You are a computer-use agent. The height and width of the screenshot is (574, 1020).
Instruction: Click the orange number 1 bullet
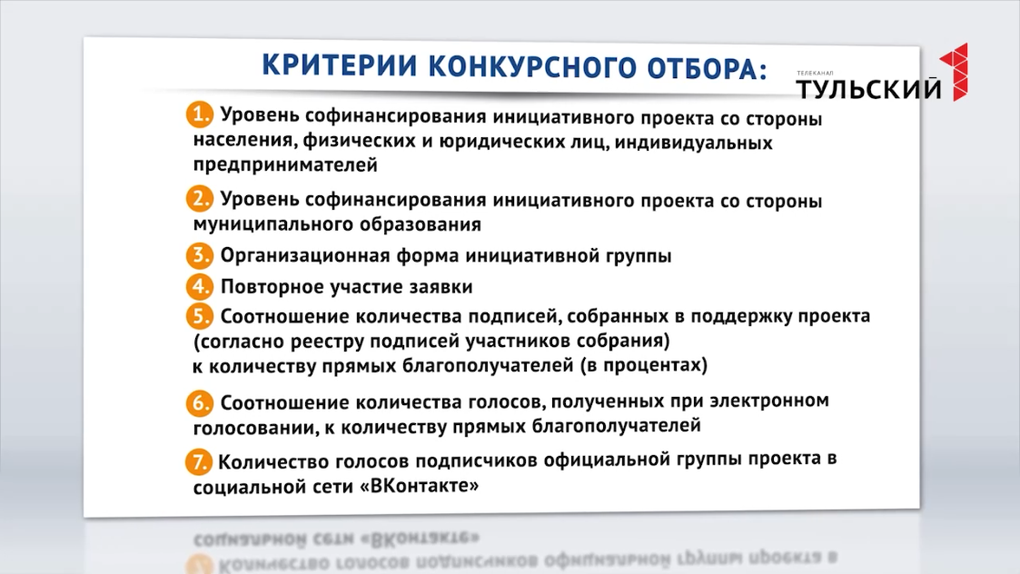200,114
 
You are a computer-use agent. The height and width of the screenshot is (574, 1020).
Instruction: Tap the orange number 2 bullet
200,199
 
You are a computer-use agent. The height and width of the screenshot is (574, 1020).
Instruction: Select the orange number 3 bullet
200,255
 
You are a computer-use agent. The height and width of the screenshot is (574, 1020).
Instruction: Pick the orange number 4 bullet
200,286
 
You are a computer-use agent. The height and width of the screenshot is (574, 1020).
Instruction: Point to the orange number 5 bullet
200,316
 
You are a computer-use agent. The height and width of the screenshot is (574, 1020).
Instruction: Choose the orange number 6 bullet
200,403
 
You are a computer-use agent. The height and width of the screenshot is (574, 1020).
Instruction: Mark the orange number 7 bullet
198,462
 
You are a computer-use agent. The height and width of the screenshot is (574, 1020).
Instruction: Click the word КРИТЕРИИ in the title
339,65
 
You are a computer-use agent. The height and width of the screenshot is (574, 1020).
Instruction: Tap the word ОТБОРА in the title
708,69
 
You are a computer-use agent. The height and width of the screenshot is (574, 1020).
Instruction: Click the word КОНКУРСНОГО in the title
532,67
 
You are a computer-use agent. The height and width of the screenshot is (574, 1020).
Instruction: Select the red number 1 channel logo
955,72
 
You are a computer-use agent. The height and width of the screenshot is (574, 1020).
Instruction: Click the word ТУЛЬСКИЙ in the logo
868,88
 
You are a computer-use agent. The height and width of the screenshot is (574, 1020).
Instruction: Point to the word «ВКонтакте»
420,486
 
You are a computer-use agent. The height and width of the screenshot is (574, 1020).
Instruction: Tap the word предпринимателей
285,165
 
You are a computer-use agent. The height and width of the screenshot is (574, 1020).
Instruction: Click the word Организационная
305,256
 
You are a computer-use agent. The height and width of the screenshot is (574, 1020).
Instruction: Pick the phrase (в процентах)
643,364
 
